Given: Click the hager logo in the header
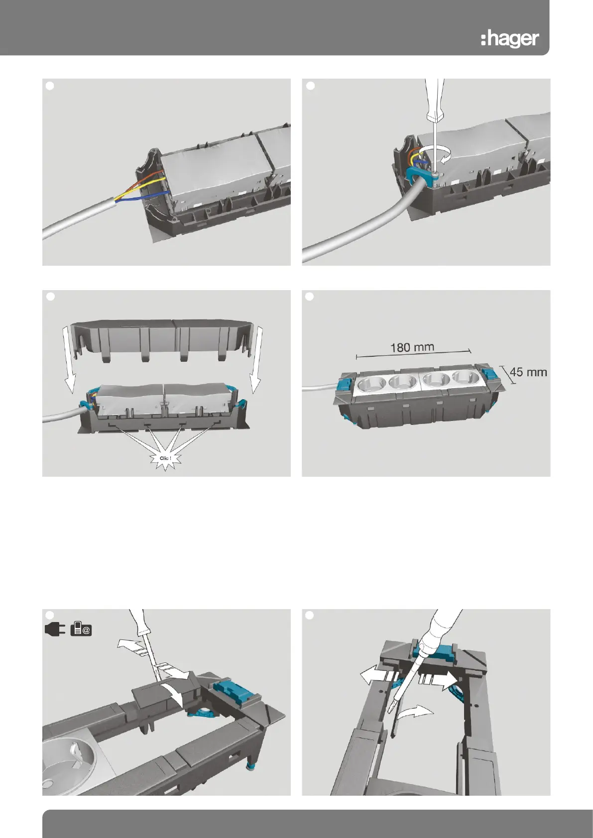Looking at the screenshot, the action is [510, 39].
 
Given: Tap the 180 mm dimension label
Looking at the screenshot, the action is [412, 347].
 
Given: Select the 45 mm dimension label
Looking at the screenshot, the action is [528, 372].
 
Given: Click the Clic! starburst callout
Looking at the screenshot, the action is [165, 458].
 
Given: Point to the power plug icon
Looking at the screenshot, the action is [55, 629].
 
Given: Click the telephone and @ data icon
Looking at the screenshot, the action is [81, 629].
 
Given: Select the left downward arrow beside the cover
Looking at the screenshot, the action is [69, 360].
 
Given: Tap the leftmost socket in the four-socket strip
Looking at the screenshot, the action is [372, 385].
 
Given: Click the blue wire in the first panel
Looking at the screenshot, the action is [153, 195].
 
